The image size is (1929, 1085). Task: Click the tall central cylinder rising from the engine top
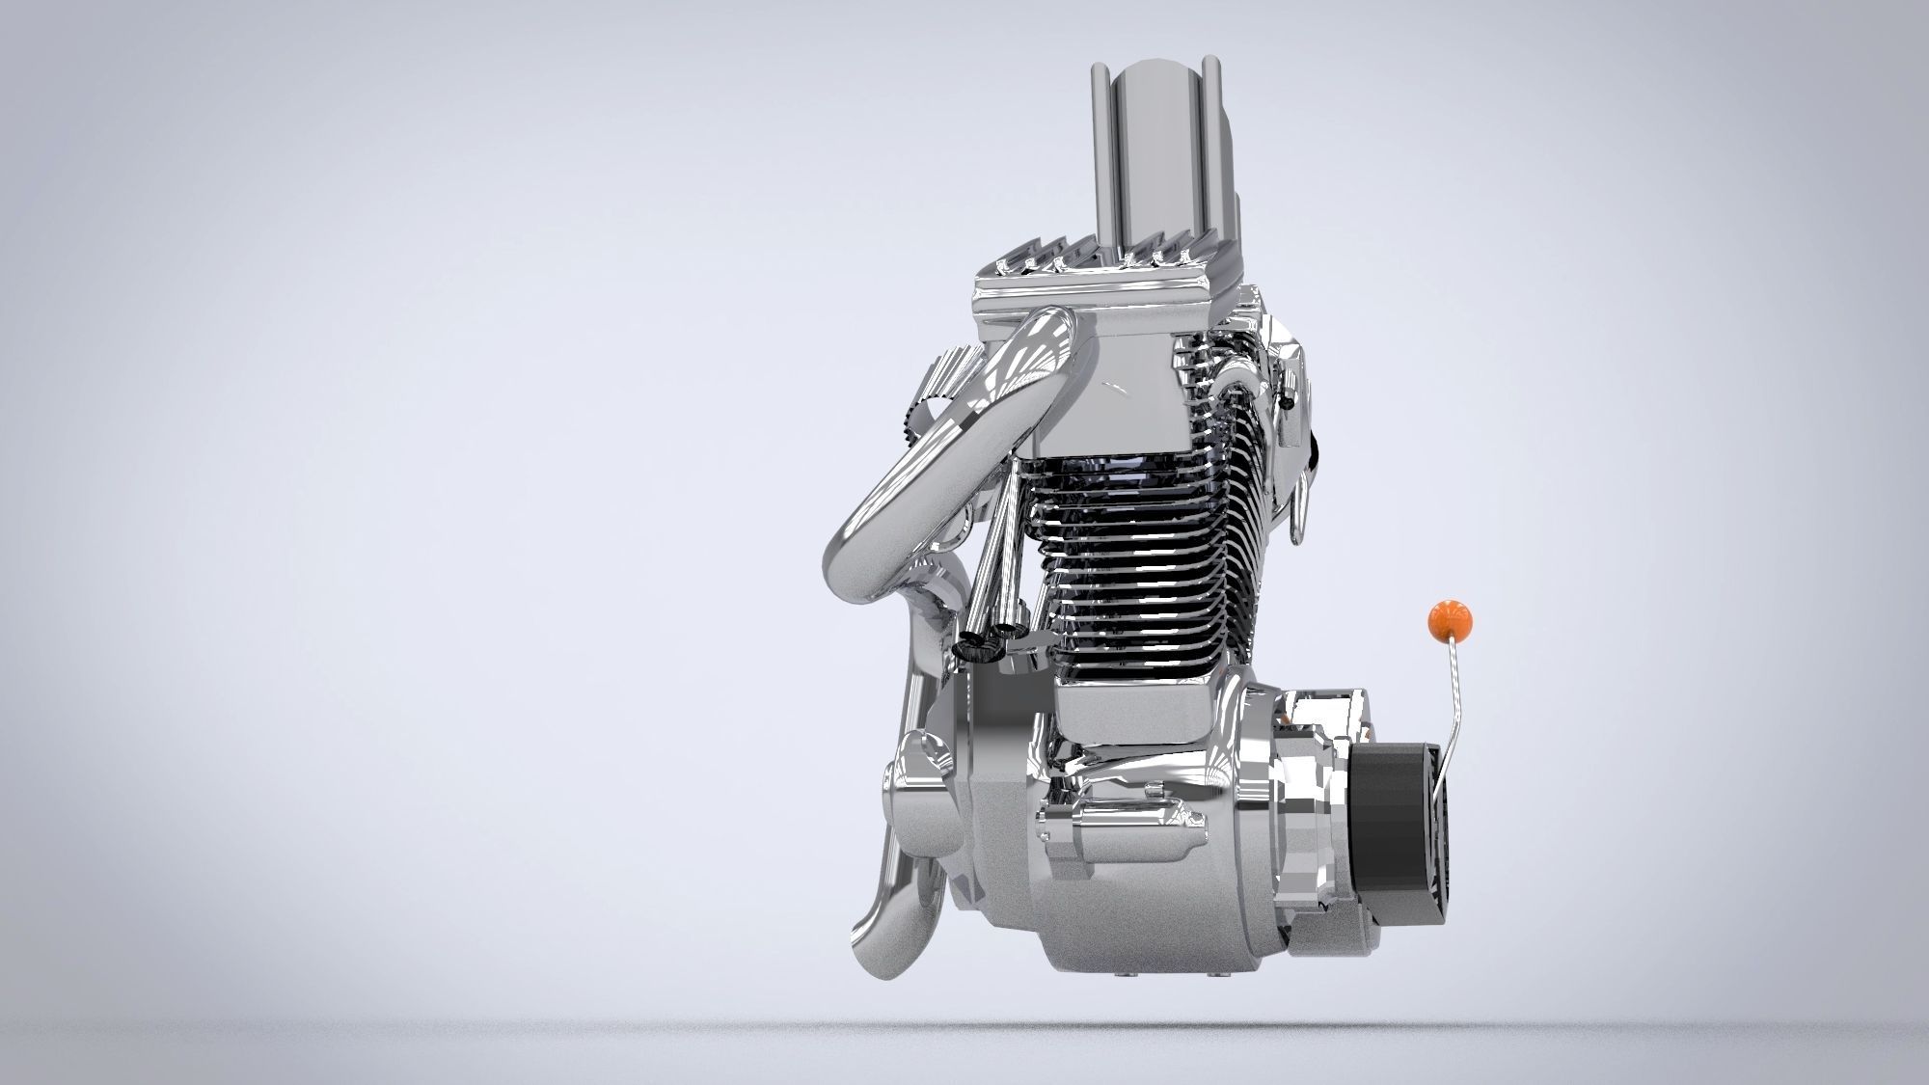click(x=1157, y=154)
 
